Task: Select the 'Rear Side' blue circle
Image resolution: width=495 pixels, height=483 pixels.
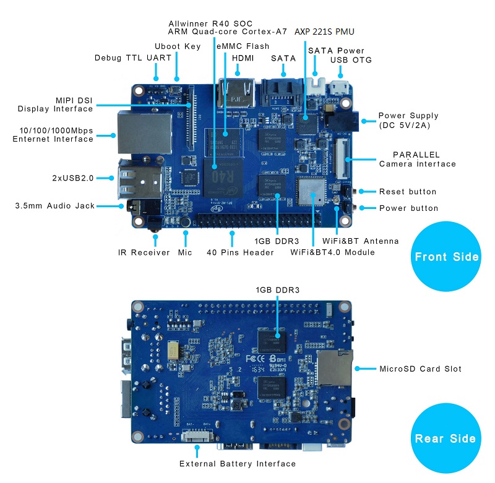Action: pyautogui.click(x=445, y=438)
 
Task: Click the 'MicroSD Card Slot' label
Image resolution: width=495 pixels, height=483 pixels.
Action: pyautogui.click(x=420, y=369)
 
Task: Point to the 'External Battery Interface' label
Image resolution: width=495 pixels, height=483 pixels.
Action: pyautogui.click(x=237, y=464)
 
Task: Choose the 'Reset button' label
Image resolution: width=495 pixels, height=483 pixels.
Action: pyautogui.click(x=407, y=192)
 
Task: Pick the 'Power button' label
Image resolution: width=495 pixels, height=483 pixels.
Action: pyautogui.click(x=408, y=208)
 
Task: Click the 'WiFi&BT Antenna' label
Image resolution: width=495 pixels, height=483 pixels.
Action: pyautogui.click(x=361, y=241)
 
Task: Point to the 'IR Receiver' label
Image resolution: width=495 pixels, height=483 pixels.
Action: pyautogui.click(x=144, y=252)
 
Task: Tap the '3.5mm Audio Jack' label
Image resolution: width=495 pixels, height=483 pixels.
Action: pyautogui.click(x=54, y=205)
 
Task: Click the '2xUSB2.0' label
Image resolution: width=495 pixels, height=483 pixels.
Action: pyautogui.click(x=72, y=178)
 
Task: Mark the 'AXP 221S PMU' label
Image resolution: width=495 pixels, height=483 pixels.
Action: pyautogui.click(x=324, y=31)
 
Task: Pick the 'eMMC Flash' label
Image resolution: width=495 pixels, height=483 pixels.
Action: pyautogui.click(x=243, y=46)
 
